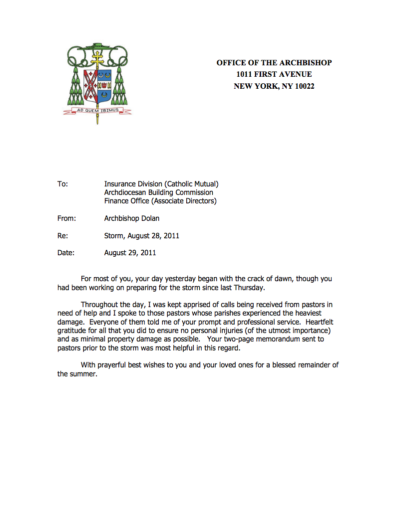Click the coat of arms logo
[x=97, y=82]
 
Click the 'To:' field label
[x=62, y=184]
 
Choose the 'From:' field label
[x=66, y=218]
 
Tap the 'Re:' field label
[x=63, y=236]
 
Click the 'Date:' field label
[x=66, y=253]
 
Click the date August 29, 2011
[x=130, y=253]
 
